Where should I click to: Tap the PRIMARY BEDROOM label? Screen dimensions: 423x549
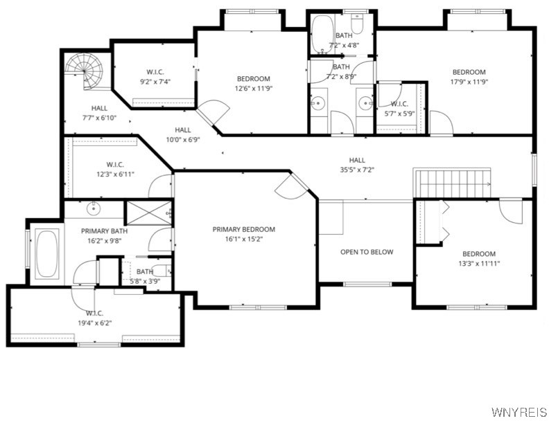click(243, 230)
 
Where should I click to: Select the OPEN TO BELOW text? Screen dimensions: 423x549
click(366, 252)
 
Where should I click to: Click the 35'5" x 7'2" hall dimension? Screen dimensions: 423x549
click(357, 170)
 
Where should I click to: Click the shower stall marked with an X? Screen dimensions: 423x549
click(147, 213)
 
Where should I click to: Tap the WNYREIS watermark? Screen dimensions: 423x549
click(518, 412)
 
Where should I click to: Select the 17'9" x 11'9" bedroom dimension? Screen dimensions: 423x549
click(469, 82)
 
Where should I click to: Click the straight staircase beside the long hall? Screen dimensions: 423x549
click(452, 183)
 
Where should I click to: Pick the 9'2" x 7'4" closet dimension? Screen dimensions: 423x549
click(155, 82)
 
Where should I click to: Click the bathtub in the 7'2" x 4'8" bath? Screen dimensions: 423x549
click(321, 35)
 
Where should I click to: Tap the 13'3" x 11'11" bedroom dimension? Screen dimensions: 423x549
click(479, 264)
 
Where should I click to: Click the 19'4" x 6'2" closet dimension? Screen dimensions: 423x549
click(94, 323)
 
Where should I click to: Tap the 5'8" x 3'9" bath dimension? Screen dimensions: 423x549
click(144, 282)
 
